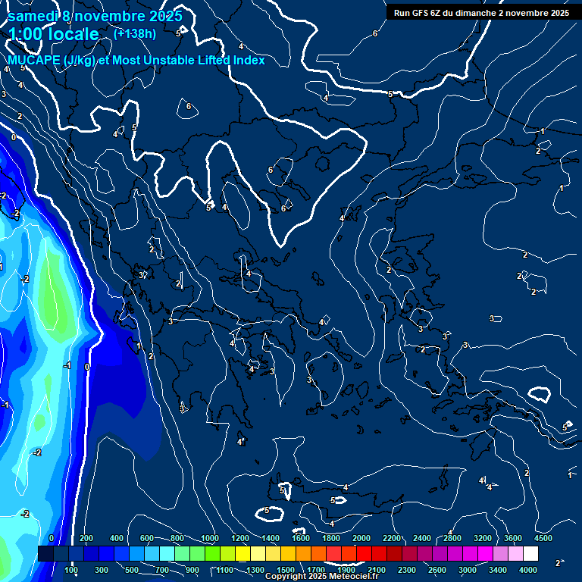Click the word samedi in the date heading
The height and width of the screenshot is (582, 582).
tap(33, 16)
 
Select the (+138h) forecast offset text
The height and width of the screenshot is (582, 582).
tap(135, 33)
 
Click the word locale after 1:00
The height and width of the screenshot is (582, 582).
tap(72, 34)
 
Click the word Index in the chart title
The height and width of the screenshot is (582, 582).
tap(249, 60)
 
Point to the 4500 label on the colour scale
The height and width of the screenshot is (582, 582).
tap(543, 538)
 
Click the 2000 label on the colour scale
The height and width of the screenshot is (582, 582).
tap(361, 538)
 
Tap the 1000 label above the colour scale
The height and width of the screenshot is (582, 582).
tap(210, 538)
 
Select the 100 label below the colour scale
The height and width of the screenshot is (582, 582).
tap(72, 570)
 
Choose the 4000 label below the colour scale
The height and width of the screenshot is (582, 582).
tap(528, 570)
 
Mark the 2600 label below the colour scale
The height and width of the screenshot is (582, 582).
tap(437, 570)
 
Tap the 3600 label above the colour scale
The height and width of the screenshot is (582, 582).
tap(513, 538)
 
